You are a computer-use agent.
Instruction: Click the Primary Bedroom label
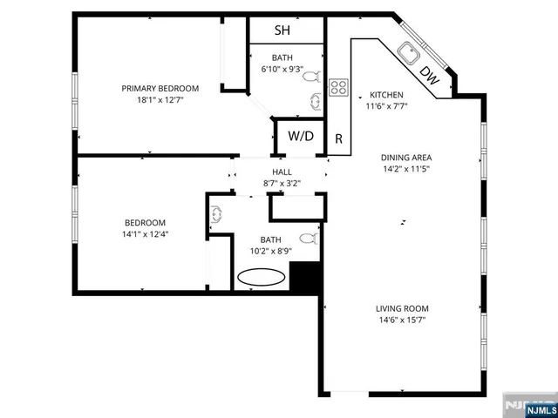(x=160, y=88)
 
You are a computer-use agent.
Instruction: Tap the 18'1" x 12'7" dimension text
(x=160, y=100)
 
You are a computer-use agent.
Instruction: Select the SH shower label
(x=282, y=30)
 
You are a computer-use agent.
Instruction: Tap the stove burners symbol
(x=338, y=87)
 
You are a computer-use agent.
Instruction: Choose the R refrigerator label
(x=338, y=139)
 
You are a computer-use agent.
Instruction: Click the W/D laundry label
(x=301, y=137)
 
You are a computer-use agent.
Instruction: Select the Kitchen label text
(x=386, y=95)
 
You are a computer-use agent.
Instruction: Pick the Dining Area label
(x=405, y=158)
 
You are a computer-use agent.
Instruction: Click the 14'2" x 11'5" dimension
(x=405, y=169)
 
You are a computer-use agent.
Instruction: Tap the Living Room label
(x=402, y=308)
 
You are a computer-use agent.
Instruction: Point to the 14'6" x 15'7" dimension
(x=402, y=320)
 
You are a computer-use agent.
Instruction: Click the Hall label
(x=282, y=172)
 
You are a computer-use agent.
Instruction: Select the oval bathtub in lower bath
(x=262, y=278)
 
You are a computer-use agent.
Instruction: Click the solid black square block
(x=303, y=278)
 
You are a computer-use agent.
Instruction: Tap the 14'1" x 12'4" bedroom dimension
(x=144, y=234)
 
